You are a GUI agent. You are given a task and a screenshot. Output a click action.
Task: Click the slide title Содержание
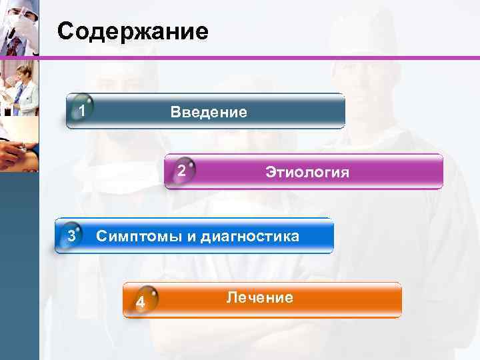[133, 31]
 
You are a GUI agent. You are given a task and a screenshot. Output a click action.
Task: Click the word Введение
[209, 112]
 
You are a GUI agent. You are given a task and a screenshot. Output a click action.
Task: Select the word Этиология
[307, 173]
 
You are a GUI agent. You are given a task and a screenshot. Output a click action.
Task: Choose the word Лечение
[260, 297]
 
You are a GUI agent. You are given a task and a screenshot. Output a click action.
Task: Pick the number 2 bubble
[181, 171]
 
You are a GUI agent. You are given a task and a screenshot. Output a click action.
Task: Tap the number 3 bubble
[71, 235]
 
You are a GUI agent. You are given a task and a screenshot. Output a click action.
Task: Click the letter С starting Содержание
[65, 31]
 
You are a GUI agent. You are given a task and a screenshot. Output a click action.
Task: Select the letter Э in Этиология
[270, 173]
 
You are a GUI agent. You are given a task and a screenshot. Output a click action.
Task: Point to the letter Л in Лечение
[231, 297]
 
